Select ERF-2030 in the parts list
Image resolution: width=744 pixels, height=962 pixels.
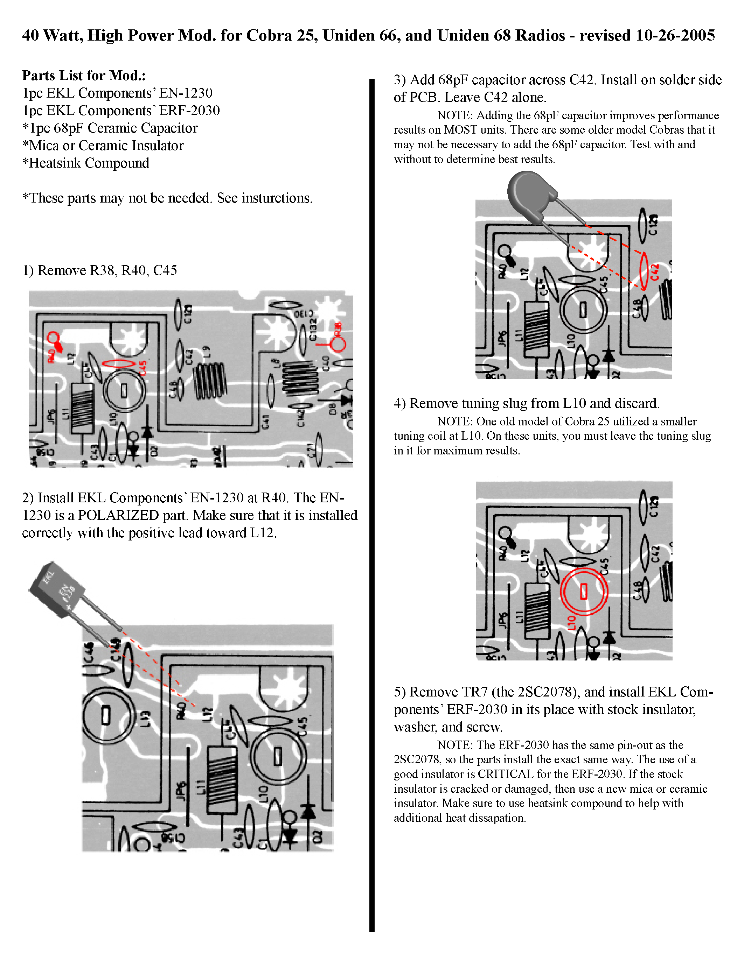(x=189, y=111)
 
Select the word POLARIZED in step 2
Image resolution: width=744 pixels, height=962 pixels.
(x=118, y=515)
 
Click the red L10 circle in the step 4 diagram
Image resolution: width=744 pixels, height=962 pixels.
(x=584, y=592)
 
